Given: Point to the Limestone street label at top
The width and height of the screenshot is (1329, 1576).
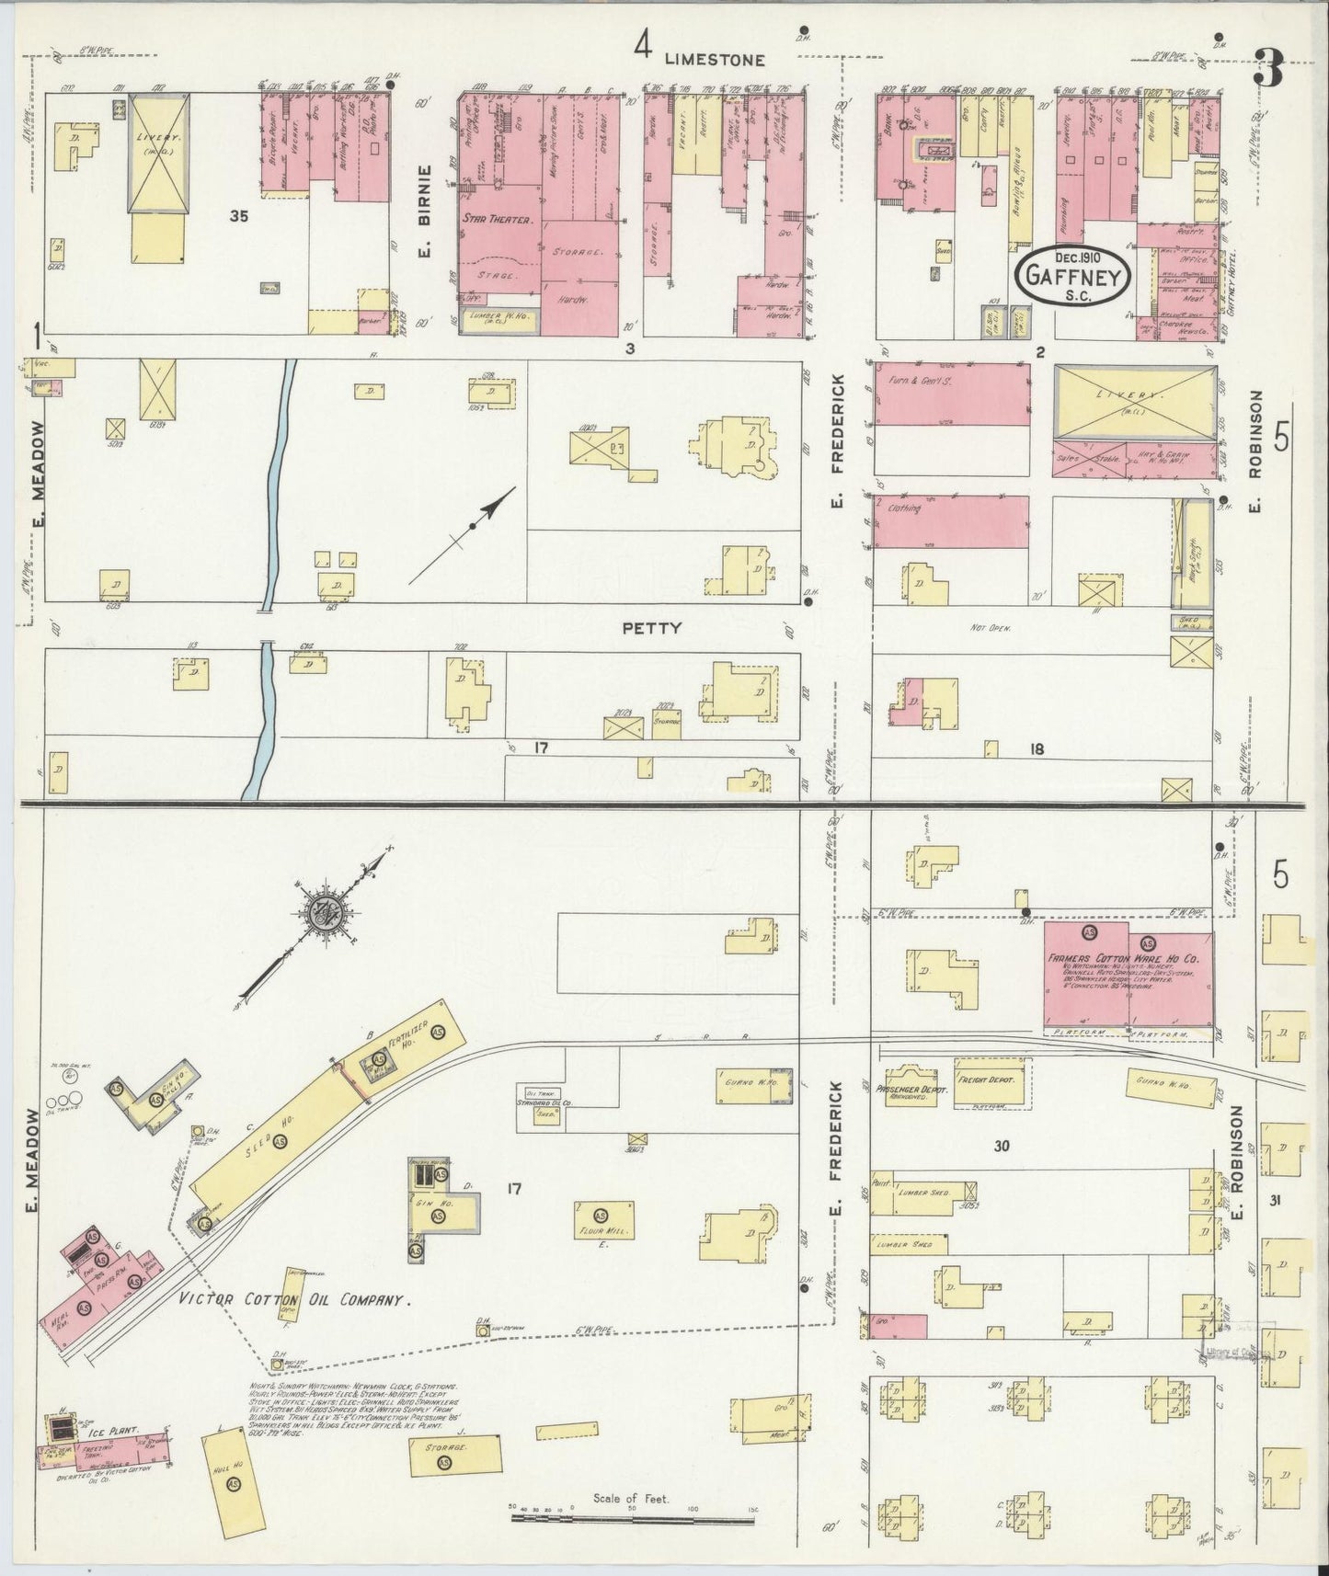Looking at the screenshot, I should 714,60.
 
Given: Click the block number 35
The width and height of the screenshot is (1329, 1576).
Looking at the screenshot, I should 241,217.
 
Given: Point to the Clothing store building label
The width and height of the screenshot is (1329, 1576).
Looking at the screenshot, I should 903,507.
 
